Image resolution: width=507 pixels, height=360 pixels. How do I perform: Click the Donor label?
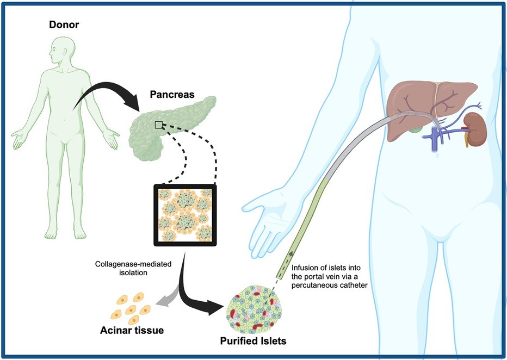[x=64, y=25]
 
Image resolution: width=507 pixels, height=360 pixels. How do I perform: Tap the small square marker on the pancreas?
[x=158, y=125]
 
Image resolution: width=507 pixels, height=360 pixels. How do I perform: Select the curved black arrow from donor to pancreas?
[x=109, y=98]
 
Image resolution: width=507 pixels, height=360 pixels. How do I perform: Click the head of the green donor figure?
[x=58, y=51]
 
